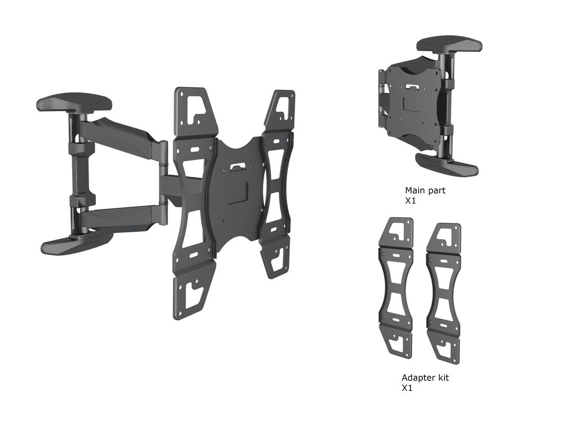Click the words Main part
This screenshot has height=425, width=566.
(424, 190)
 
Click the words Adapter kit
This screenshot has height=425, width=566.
(425, 378)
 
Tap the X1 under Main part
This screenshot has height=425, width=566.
(410, 201)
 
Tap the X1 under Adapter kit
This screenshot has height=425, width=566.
(407, 388)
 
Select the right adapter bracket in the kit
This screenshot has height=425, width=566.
(444, 294)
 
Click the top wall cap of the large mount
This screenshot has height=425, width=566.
(73, 102)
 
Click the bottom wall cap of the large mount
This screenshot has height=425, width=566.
(76, 242)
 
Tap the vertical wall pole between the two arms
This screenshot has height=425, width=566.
(76, 173)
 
